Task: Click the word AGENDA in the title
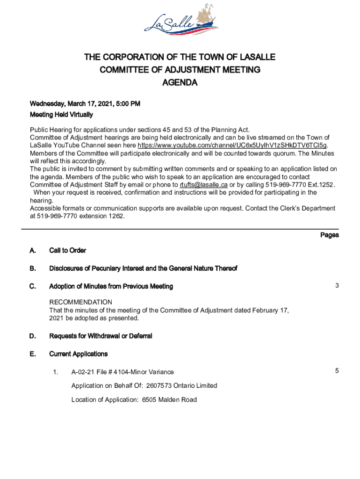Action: point(180,83)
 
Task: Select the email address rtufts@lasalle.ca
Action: point(204,185)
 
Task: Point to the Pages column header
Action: point(329,235)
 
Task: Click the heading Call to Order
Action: point(68,251)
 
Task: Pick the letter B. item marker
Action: point(33,269)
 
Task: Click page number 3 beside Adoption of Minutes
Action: point(336,286)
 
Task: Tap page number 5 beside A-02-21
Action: point(336,371)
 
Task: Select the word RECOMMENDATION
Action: point(81,302)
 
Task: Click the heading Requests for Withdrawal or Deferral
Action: point(101,336)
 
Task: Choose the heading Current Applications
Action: point(79,354)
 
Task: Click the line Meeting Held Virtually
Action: point(61,115)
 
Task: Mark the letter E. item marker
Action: point(33,354)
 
